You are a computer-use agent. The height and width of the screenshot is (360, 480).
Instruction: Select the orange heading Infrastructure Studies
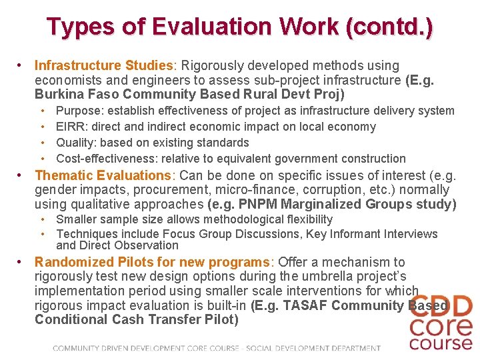tap(103, 65)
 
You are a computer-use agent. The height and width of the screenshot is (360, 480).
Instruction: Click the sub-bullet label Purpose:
tap(79, 111)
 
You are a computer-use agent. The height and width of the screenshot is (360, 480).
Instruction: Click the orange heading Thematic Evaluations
tap(103, 175)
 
